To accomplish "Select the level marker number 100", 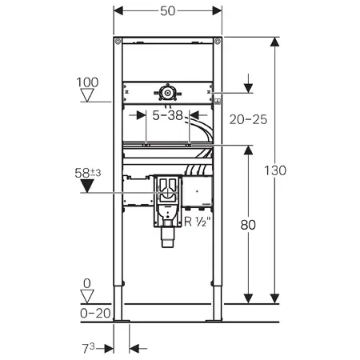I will pyautogui.click(x=89, y=82).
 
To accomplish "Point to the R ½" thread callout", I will pyautogui.click(x=199, y=222).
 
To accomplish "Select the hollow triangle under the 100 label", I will pyautogui.click(x=89, y=96).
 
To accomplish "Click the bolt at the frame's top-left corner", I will pyautogui.click(x=118, y=42).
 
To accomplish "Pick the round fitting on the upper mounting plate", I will pyautogui.click(x=167, y=94).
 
